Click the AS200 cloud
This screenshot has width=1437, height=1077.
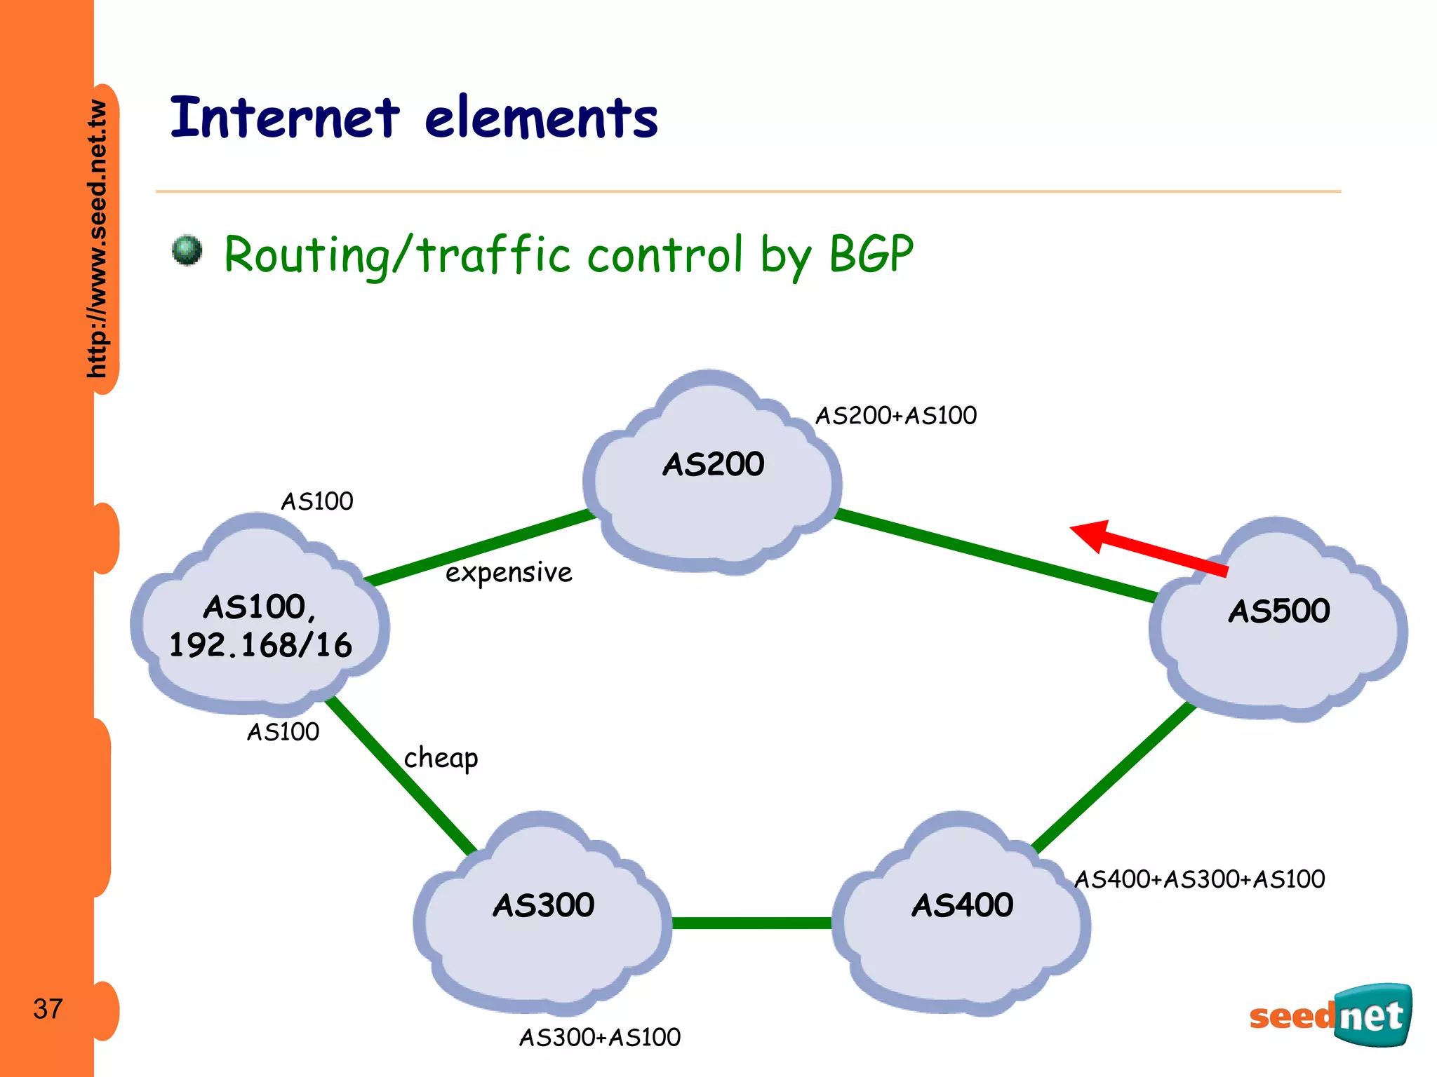(x=712, y=477)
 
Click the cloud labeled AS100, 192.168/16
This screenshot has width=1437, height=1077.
(x=260, y=624)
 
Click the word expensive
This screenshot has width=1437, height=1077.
(x=509, y=573)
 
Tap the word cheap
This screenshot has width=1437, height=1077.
(x=441, y=759)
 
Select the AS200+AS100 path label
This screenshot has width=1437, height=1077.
(x=895, y=416)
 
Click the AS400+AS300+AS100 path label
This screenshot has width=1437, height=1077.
(x=1200, y=879)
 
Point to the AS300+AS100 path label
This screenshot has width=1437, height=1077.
(x=600, y=1038)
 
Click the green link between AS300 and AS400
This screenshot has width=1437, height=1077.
(x=751, y=923)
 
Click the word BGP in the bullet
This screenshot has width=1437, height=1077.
(x=871, y=254)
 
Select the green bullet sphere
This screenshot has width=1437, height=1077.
(x=187, y=250)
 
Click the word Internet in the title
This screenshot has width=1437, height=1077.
(x=285, y=118)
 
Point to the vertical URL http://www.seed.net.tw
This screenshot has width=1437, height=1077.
(x=98, y=238)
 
